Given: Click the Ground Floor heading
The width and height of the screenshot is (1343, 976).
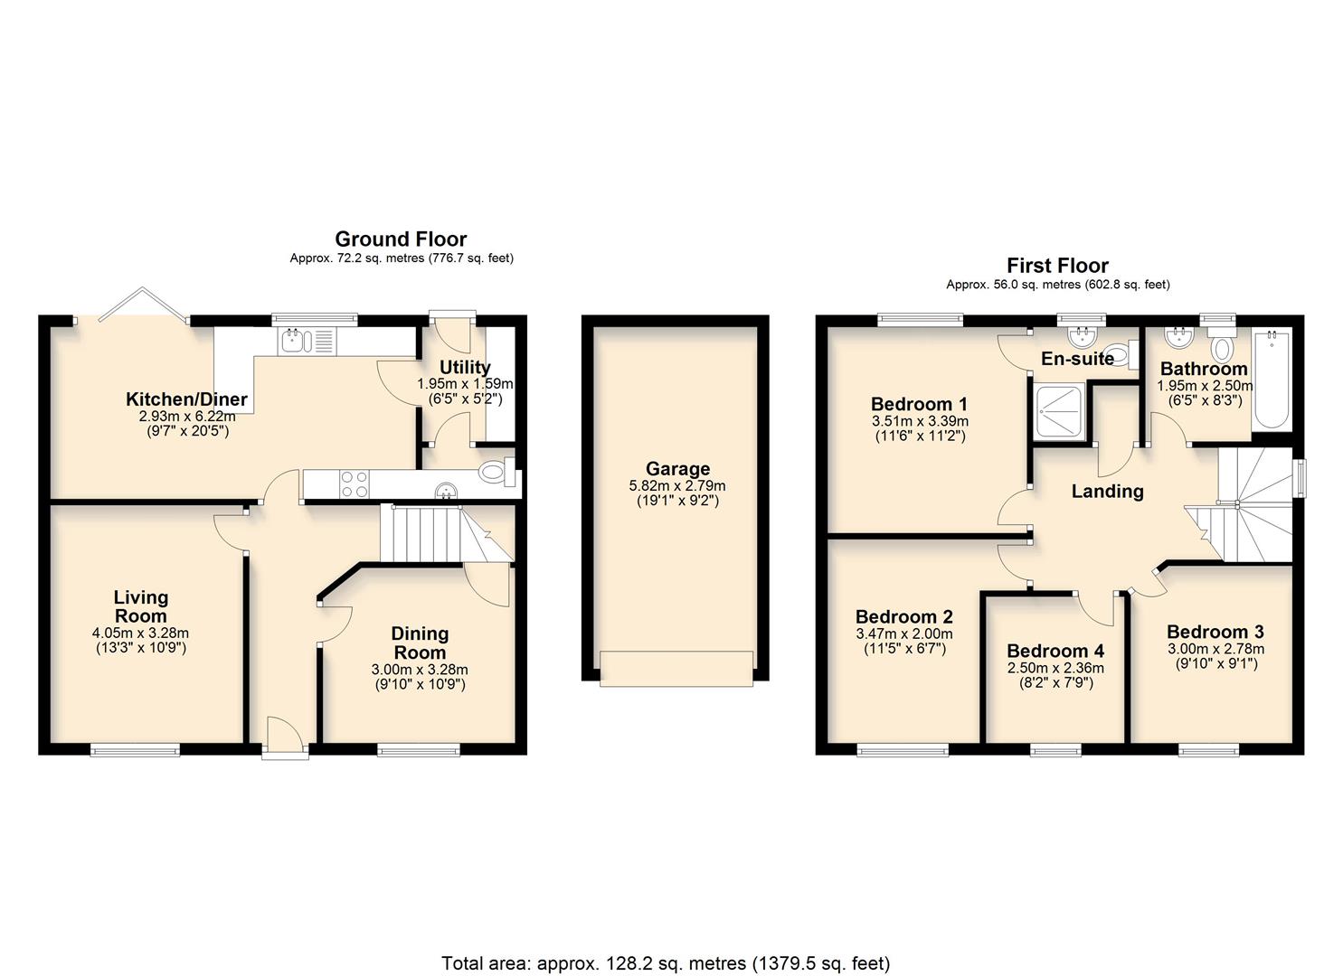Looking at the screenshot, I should [x=401, y=239].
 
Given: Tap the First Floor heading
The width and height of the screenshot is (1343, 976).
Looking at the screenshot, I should [x=1057, y=266].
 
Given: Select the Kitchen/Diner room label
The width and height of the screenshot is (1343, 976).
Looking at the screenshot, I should [x=186, y=399].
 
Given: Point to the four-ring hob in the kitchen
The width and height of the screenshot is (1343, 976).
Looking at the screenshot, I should [x=353, y=484].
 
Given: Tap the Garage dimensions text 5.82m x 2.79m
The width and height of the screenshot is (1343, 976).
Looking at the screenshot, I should [x=677, y=485].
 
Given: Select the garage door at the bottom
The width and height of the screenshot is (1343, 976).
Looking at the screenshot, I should [x=676, y=669].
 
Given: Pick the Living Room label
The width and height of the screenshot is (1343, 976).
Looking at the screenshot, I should [x=141, y=606].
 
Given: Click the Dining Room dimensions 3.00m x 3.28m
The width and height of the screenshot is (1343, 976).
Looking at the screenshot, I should [x=420, y=670].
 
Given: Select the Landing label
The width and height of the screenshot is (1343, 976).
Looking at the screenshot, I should [x=1107, y=492].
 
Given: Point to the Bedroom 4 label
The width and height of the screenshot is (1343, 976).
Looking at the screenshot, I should [x=1055, y=652].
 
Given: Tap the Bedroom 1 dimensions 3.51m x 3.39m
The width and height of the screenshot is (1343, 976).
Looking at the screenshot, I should [x=919, y=421].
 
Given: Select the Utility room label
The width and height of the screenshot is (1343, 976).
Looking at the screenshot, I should [x=465, y=367].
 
